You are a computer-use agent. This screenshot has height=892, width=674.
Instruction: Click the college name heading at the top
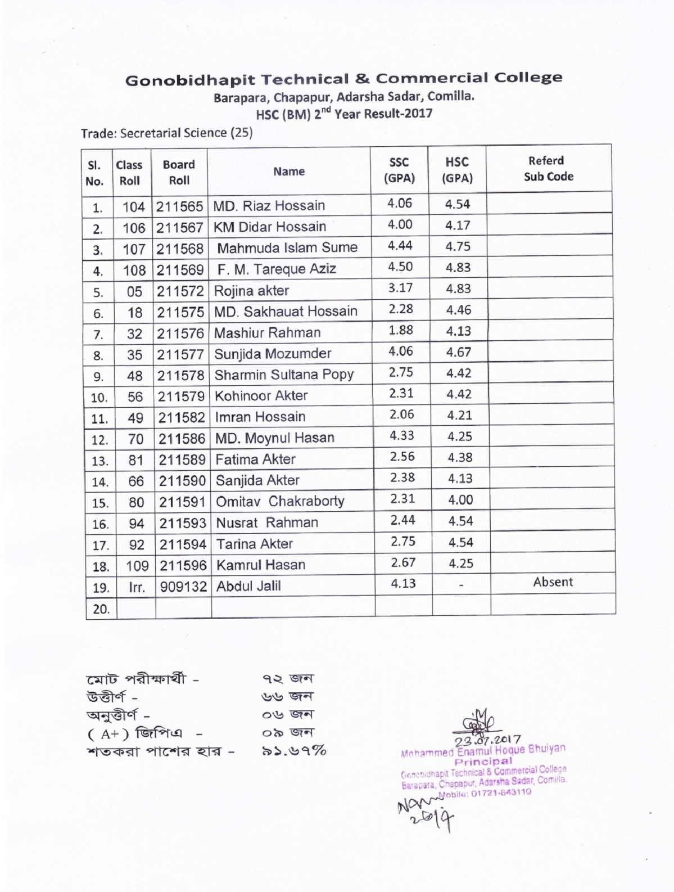343,79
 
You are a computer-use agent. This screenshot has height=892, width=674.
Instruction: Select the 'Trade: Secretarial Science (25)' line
167,133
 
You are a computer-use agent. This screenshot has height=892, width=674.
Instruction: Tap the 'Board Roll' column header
179,172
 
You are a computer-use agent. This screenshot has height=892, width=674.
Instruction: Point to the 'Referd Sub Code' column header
548,169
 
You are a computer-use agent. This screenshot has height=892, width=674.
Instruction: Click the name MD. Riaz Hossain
269,206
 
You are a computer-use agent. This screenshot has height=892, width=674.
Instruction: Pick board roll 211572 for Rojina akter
180,291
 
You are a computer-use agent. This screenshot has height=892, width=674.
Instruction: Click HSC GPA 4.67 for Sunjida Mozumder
459,353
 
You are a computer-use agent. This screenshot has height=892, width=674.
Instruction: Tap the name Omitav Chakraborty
280,501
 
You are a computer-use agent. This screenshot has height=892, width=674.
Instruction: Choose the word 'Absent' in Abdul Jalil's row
553,582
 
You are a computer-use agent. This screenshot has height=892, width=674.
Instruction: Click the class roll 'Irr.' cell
137,588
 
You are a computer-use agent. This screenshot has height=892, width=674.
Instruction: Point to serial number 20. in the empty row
101,609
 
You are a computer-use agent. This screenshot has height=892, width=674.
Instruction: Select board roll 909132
183,587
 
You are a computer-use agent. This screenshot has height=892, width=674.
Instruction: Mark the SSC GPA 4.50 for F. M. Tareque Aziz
400,267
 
